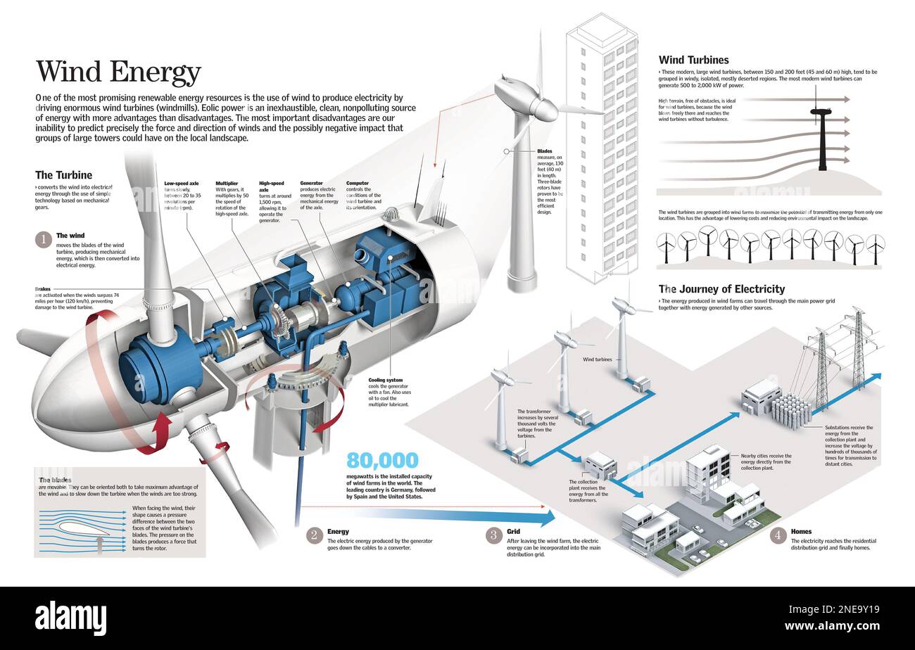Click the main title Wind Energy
coord(118,72)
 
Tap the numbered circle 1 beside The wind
coord(44,239)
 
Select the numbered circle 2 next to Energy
coord(314,535)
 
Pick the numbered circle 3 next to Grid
coord(494,535)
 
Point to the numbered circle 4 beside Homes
coord(778,535)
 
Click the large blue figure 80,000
coord(382,461)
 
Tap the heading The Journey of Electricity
coord(721,288)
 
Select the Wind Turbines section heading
coord(693,60)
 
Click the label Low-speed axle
coord(182,183)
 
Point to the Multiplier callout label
coord(227,183)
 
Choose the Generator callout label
coord(312,183)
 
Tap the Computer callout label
coord(358,183)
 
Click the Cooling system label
coord(386,380)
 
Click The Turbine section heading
coord(63,174)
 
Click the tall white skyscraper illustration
coord(602,148)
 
